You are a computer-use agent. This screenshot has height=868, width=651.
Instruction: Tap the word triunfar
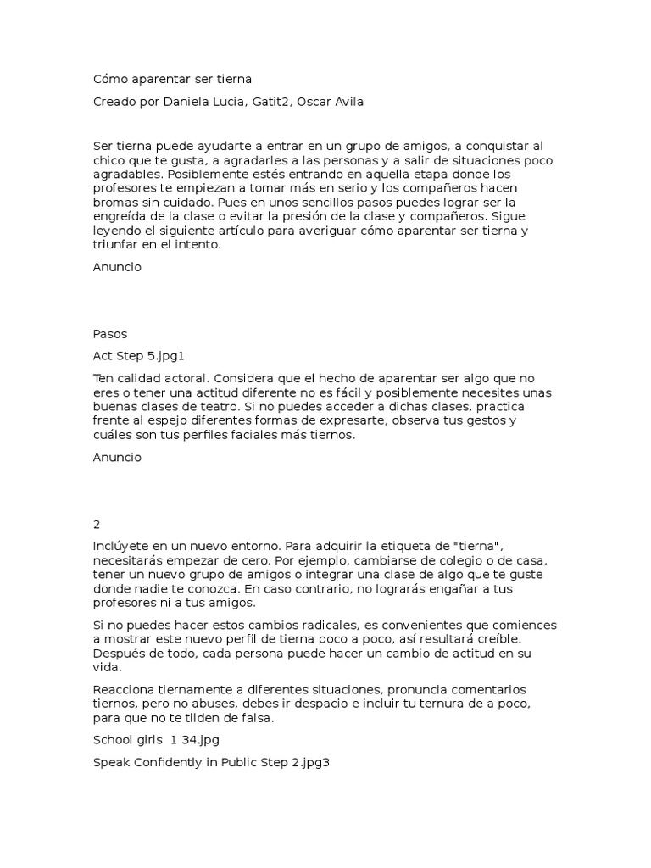[x=116, y=245]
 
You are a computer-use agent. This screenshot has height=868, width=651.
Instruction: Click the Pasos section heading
[x=110, y=334]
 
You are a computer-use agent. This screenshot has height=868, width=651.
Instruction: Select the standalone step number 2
[x=97, y=524]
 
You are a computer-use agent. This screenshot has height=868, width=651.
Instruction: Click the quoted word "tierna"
[x=481, y=547]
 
